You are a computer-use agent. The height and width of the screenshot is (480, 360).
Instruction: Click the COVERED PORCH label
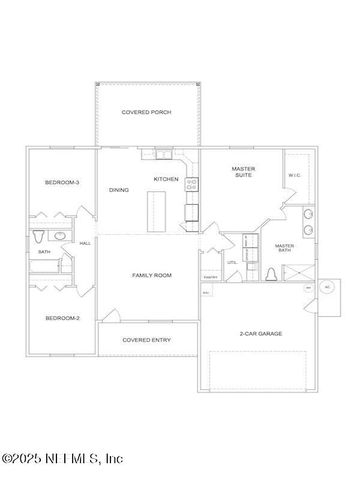146,113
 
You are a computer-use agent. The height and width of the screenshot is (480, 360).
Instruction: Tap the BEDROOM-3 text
61,182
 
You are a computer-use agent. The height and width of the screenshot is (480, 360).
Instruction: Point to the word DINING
119,190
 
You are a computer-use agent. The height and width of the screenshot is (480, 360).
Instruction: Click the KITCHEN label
165,179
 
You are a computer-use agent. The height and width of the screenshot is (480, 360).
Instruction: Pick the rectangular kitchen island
155,212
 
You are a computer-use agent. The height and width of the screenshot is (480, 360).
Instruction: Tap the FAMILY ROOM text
152,274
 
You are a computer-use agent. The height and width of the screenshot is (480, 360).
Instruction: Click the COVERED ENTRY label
146,340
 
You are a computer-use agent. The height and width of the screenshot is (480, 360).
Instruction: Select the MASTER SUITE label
243,172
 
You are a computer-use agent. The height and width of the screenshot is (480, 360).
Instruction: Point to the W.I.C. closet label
294,176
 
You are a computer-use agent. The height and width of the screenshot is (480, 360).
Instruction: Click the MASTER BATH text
284,247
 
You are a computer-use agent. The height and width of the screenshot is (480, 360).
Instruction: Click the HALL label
85,243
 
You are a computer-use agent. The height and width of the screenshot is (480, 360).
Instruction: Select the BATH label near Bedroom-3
44,252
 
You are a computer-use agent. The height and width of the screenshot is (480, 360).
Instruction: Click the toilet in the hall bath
38,236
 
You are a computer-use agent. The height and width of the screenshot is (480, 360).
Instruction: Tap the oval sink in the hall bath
59,236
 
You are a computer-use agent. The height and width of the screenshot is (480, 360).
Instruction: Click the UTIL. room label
231,262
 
